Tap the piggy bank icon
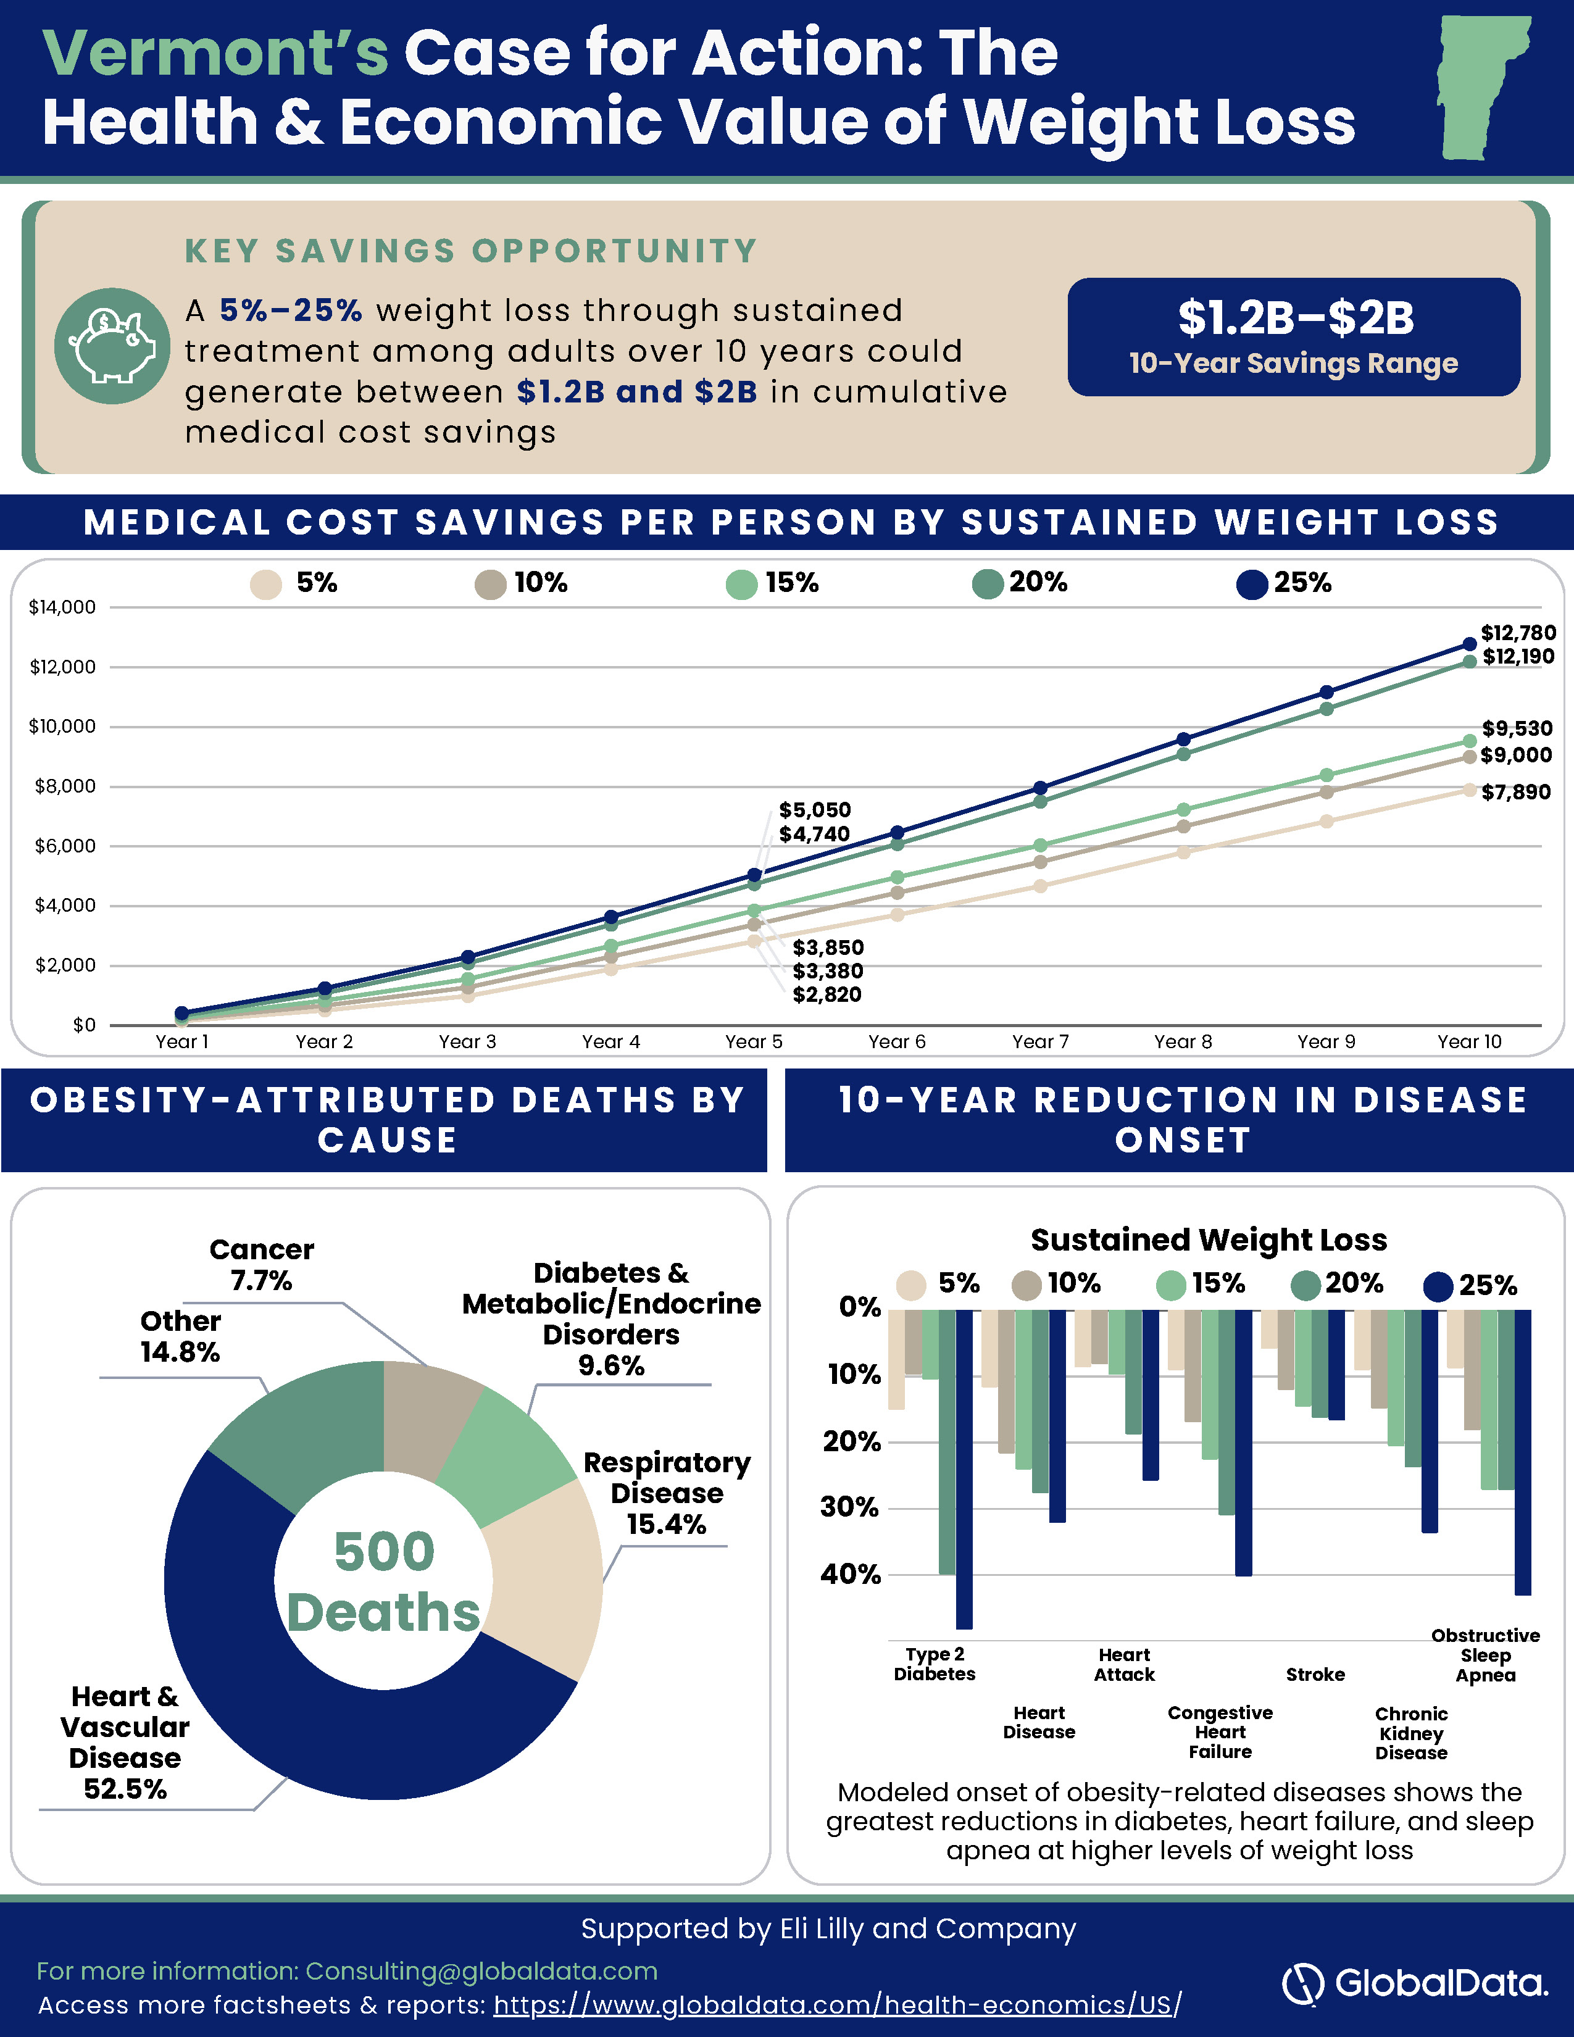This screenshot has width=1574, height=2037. tap(112, 346)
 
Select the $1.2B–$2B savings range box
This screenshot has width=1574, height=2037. tap(1293, 336)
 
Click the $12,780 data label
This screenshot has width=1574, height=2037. tap(1518, 633)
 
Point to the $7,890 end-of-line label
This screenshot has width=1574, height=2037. tap(1516, 792)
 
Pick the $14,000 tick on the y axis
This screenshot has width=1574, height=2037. tap(62, 607)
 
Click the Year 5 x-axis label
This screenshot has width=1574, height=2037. tap(754, 1042)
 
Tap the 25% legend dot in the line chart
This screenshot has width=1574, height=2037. tap(1252, 585)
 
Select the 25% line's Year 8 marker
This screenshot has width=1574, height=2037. tap(1183, 739)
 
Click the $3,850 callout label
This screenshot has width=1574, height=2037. tap(828, 948)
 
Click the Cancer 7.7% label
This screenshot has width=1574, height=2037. tap(262, 1265)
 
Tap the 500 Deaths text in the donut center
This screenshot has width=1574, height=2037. tap(383, 1582)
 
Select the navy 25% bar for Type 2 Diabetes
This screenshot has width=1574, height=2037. tap(964, 1469)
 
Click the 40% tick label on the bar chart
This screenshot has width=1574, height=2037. tap(851, 1575)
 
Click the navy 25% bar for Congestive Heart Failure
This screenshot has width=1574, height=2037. tap(1244, 1443)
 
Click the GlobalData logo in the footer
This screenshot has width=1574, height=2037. tap(1415, 1983)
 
